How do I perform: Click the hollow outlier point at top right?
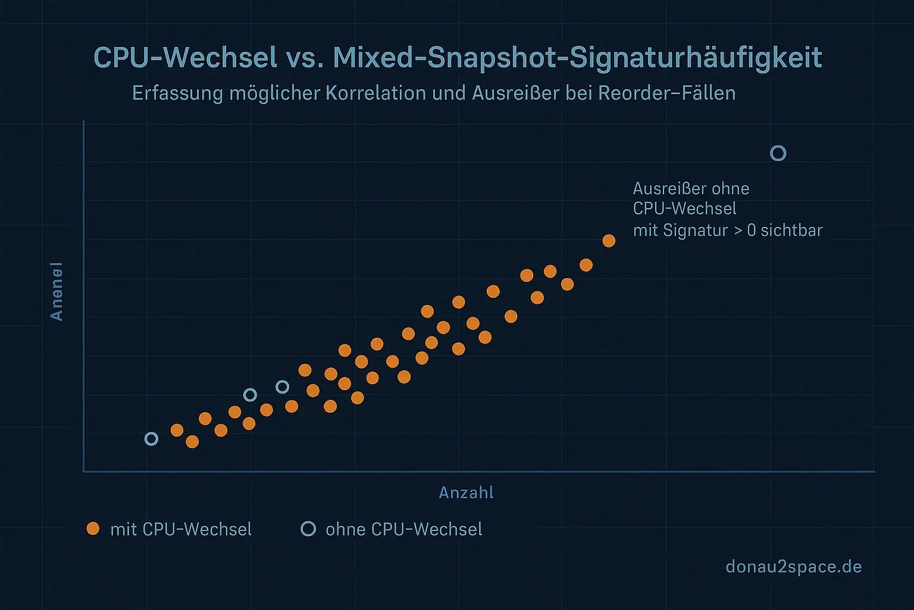click(778, 154)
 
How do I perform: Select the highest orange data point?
click(609, 241)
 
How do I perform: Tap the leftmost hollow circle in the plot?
click(152, 439)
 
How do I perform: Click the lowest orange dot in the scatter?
click(192, 441)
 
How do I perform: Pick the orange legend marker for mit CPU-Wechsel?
click(93, 528)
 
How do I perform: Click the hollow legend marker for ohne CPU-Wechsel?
click(308, 528)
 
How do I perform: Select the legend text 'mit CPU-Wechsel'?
click(181, 530)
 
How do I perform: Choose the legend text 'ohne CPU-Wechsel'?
click(403, 530)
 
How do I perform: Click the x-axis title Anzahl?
click(466, 493)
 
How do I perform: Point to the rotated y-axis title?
click(57, 291)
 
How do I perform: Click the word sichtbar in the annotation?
click(791, 231)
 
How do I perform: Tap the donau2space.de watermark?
click(793, 567)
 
